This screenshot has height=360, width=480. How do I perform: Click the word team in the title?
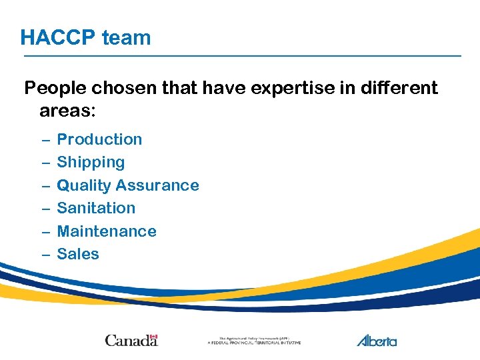(126, 37)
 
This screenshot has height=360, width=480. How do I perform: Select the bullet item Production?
(99, 139)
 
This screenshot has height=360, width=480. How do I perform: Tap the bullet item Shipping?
(91, 162)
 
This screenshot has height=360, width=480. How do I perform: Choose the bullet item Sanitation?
(96, 208)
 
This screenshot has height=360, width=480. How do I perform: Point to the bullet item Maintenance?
(107, 231)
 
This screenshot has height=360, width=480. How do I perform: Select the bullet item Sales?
(78, 254)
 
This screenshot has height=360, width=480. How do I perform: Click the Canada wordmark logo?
(131, 341)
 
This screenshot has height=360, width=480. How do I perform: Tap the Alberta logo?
(377, 341)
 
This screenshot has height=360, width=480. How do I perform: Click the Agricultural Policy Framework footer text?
(254, 341)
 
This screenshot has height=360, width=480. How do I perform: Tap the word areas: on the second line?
(68, 111)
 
